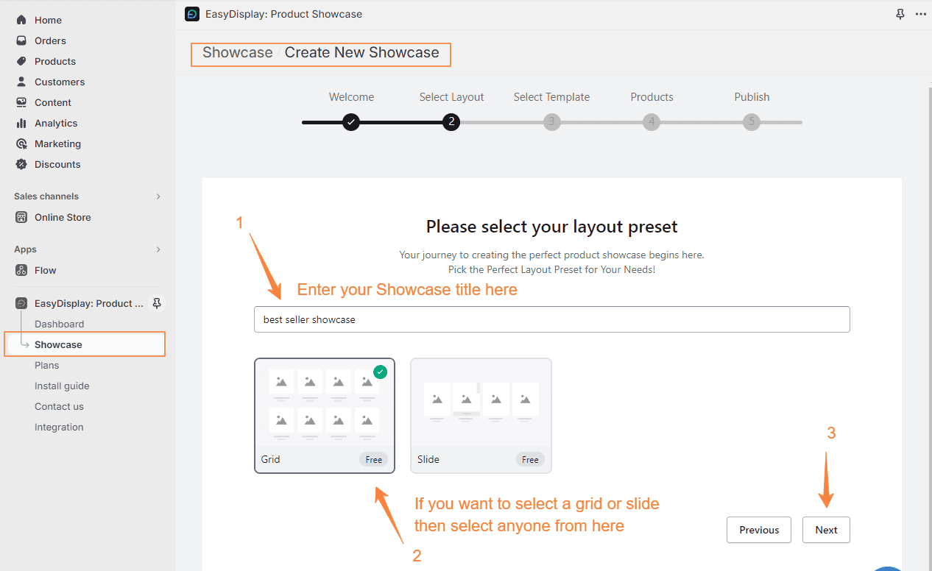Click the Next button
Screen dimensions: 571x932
[x=826, y=530]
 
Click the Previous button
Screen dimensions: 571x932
[x=758, y=530]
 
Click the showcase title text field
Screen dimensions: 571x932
[x=551, y=319]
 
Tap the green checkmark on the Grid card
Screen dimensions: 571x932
[x=380, y=372]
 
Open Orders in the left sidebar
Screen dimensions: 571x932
[x=50, y=40]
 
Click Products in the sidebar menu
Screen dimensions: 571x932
[x=54, y=61]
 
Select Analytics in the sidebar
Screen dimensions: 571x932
[x=55, y=123]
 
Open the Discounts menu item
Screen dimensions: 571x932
[x=57, y=164]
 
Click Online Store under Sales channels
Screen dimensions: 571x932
[x=63, y=217]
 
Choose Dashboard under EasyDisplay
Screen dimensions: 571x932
[x=59, y=324]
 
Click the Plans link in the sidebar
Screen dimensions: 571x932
[x=46, y=365]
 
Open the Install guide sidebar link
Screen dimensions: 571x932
[x=62, y=386]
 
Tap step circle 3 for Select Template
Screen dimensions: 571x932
[x=551, y=122]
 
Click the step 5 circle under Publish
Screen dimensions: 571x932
[x=751, y=122]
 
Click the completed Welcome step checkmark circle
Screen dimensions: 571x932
[x=351, y=122]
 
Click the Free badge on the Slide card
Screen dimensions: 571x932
[x=530, y=459]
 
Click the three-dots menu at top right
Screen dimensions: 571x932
[x=920, y=14]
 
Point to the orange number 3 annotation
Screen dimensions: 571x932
[x=831, y=433]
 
